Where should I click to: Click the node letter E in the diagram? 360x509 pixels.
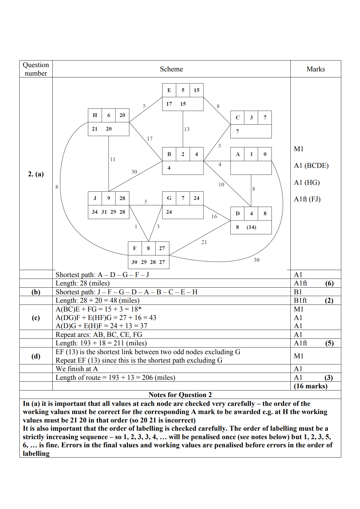169,90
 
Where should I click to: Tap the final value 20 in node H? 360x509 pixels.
122,115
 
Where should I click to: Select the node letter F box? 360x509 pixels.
135,248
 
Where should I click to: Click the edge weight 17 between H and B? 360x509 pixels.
150,139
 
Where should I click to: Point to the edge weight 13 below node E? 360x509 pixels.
187,129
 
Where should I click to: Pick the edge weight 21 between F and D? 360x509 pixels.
204,242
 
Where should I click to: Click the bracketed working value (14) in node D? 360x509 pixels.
251,227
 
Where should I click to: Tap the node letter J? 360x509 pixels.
95,198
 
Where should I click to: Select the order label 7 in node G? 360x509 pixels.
183,198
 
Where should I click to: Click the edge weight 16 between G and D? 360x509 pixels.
214,216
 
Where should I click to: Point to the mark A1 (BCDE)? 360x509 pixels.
311,165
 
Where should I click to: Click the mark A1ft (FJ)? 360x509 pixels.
307,199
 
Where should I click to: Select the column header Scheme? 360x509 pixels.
171,69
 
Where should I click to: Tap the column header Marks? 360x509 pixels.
316,69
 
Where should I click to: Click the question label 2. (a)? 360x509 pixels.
36,174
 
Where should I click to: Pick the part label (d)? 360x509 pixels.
36,356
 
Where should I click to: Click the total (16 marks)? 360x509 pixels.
310,386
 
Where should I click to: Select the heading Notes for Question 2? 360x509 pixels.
180,395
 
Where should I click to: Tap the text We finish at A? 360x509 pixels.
77,369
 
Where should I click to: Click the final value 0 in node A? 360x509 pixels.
265,154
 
